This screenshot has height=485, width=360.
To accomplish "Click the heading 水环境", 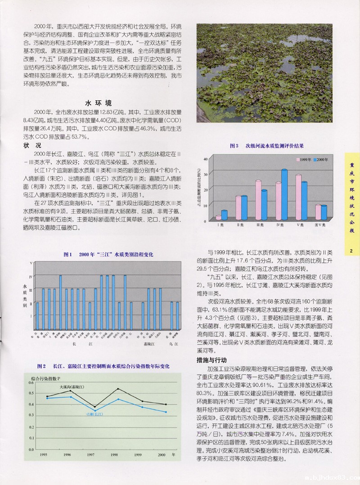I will tap(100, 102).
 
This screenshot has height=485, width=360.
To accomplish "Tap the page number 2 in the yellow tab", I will tap(352, 251).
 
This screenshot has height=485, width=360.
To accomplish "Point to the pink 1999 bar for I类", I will tap(219, 218).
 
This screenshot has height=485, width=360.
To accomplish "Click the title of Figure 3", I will tap(266, 146).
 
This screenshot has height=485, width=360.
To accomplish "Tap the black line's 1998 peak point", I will tap(118, 389).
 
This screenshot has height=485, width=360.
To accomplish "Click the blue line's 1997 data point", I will tap(94, 410).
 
